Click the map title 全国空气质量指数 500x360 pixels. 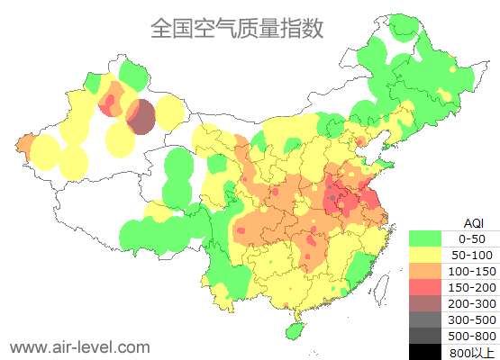236,28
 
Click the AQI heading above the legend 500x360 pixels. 473,222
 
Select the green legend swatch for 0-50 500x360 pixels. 424,239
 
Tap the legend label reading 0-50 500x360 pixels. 472,239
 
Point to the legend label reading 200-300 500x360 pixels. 472,303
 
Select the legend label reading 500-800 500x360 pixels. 472,336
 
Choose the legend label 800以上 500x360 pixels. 472,352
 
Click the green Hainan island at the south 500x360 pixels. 293,330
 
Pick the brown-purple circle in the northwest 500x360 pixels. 141,117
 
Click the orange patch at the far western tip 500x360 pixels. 24,144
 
